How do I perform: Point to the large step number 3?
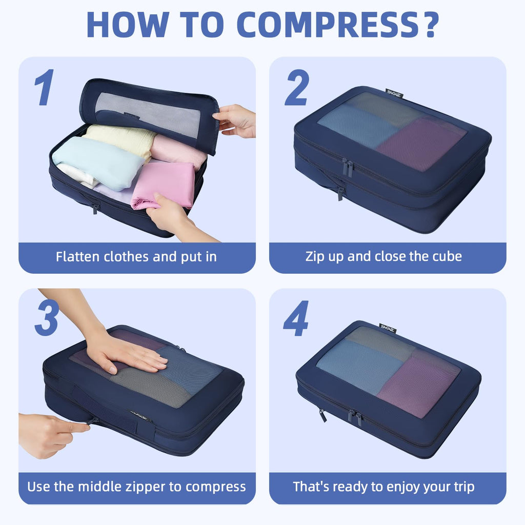[x=47, y=318]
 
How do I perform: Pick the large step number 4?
[x=296, y=318]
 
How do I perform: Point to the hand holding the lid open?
[x=236, y=120]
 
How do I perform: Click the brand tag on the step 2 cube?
[x=394, y=93]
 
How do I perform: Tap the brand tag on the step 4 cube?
[x=388, y=328]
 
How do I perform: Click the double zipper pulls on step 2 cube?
[x=348, y=168]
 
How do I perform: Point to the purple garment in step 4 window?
[x=418, y=385]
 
